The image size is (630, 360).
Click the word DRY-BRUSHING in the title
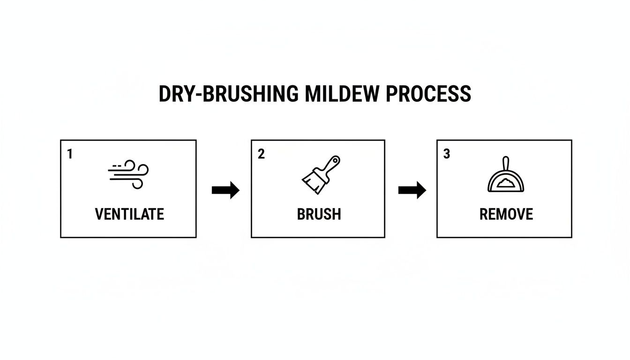(x=228, y=94)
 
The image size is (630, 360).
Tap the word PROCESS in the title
(x=428, y=94)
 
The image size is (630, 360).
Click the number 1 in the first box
(x=70, y=154)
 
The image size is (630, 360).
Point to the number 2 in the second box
(x=261, y=154)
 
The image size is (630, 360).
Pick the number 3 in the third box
(x=447, y=154)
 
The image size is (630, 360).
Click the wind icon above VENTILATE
(x=128, y=174)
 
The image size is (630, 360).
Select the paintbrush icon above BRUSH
(x=320, y=175)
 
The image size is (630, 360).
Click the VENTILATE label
(x=129, y=214)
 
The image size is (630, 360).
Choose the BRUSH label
(x=319, y=214)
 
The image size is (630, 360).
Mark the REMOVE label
(x=506, y=214)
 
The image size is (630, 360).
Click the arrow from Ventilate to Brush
(x=225, y=190)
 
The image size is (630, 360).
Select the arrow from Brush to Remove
(x=412, y=190)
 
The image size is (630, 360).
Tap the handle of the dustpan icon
(x=506, y=164)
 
